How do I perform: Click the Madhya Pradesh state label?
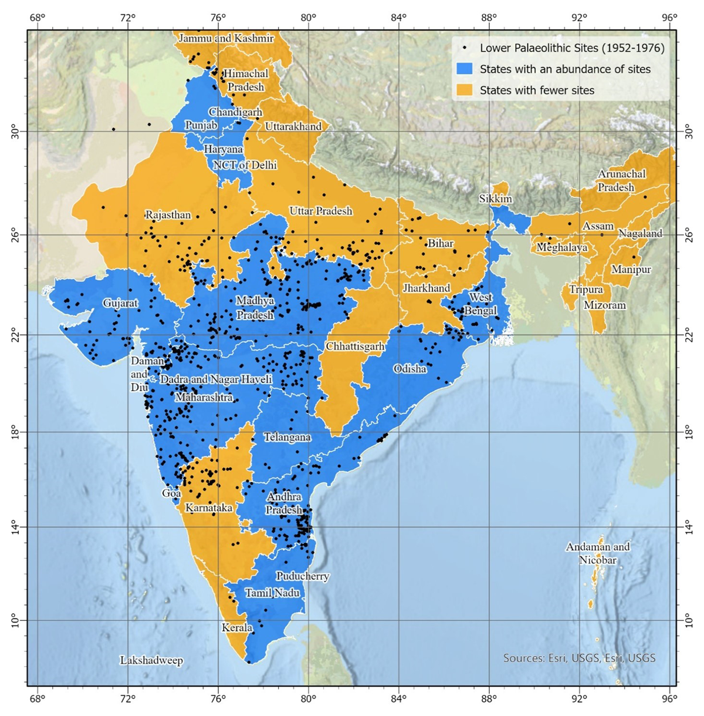point(255,308)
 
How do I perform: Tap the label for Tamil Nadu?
point(272,593)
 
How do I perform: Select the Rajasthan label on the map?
point(168,215)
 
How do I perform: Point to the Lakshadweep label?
point(151,661)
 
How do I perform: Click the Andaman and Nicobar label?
point(598,553)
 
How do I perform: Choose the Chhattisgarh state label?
point(355,347)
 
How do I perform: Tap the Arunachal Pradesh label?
point(621,180)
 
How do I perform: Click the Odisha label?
point(409,369)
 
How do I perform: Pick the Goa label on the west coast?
point(171,493)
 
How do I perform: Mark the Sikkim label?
point(495,199)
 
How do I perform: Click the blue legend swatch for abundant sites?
point(464,69)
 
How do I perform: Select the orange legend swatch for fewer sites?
point(464,90)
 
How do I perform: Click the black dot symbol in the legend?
point(465,48)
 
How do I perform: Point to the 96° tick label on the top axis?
point(669,16)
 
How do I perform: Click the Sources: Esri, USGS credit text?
point(579,658)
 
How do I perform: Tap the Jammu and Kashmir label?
point(226,38)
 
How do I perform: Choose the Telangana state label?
point(287,437)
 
